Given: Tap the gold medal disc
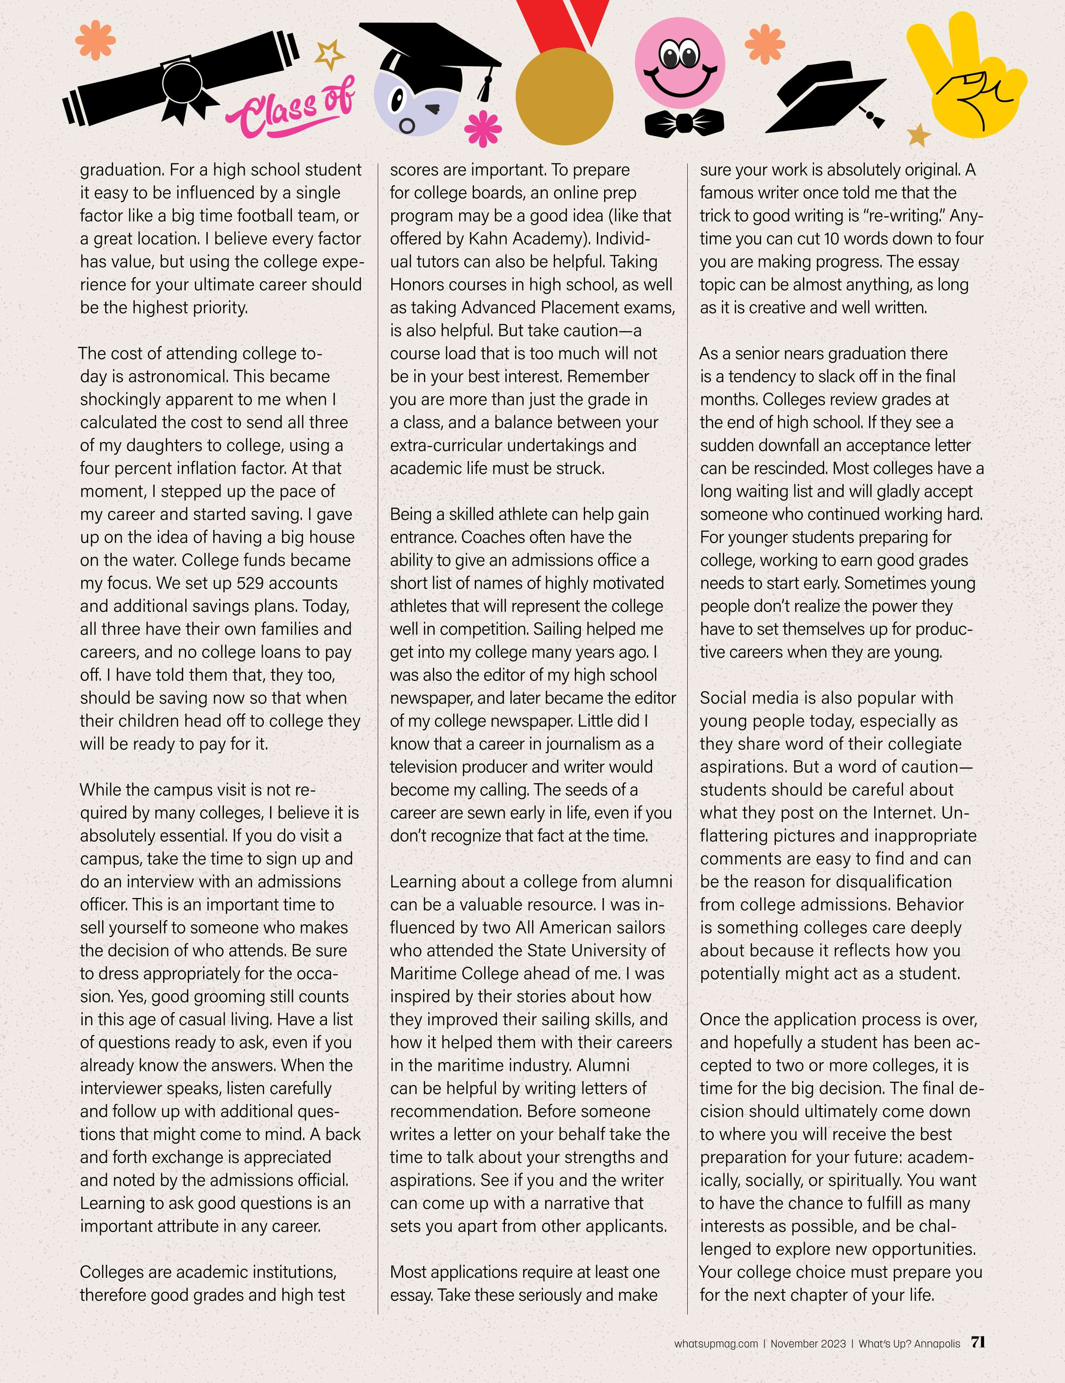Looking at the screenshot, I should coord(564,96).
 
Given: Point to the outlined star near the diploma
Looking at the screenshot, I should coord(330,55).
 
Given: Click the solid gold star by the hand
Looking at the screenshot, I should coord(919,134).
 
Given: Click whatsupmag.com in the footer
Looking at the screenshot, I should coord(716,1344).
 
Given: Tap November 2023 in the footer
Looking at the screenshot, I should coord(808,1344).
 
